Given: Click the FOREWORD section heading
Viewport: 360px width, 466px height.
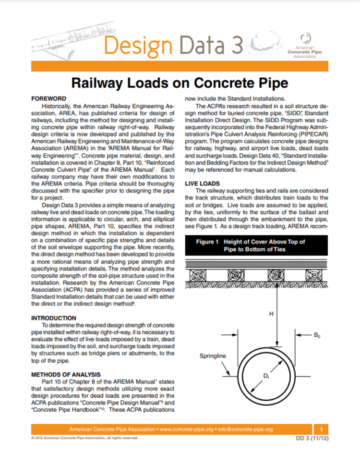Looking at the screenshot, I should coord(48,98).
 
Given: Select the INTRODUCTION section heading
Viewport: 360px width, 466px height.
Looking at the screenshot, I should coord(53,318).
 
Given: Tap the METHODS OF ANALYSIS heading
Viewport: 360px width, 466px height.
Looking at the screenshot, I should coord(66,374).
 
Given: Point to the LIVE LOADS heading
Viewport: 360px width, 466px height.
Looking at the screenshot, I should coord(202,184).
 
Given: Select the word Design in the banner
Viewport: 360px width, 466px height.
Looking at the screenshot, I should coord(137,46).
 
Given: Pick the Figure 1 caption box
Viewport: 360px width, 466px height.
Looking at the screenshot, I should coord(257,245).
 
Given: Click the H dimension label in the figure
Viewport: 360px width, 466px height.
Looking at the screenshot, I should coord(271,314).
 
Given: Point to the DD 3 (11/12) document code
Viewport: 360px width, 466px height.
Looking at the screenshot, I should coord(312,439).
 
